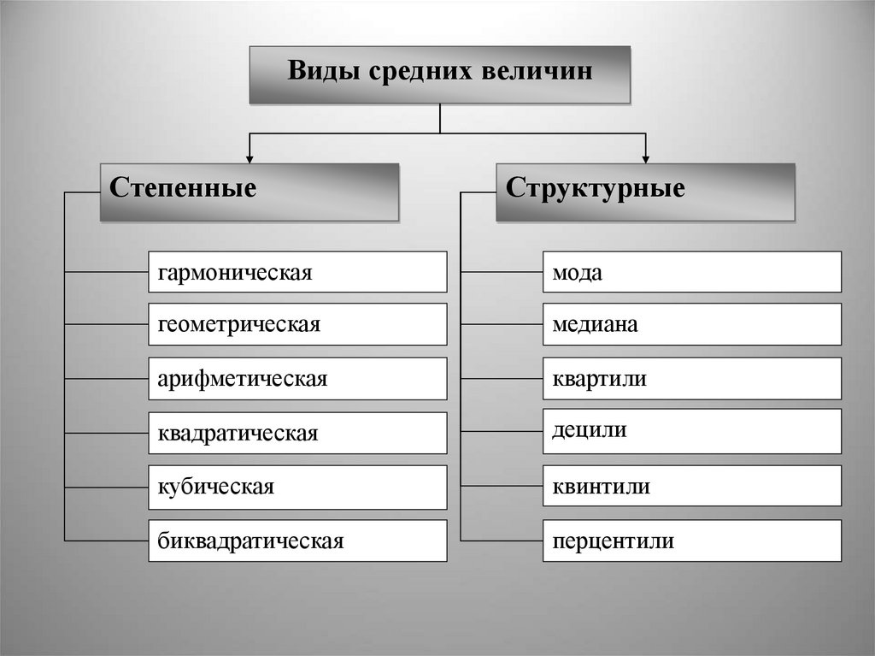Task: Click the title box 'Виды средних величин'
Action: [439, 75]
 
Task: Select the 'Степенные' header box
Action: [250, 192]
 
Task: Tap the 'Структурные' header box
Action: [645, 192]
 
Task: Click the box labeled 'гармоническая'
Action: [297, 272]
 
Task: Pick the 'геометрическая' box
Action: [297, 325]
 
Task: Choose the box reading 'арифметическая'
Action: [297, 379]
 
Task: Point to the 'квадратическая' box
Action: [297, 433]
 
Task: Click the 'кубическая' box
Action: [297, 487]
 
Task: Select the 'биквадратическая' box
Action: [297, 541]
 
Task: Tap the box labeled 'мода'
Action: [691, 272]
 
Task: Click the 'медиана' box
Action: [691, 325]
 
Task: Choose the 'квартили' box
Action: [691, 379]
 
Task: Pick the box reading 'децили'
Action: [691, 431]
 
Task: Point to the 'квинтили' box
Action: [691, 486]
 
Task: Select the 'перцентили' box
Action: [691, 541]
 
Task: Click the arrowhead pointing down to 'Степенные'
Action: [250, 157]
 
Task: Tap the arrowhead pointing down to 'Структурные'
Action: [645, 157]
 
